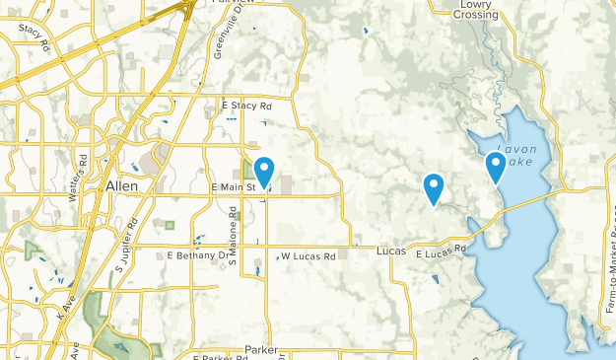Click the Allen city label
122,185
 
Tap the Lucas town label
391,252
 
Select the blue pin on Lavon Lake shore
496,168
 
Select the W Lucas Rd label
308,256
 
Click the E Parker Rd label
216,356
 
